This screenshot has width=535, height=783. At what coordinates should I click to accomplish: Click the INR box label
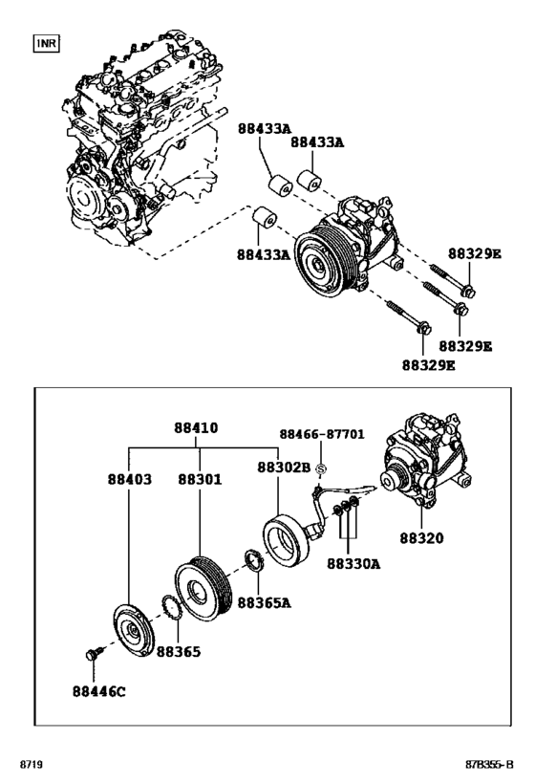pos(47,44)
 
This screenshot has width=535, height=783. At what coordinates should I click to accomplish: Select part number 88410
pos(196,428)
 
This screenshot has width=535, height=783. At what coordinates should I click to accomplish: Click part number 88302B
pos(284,468)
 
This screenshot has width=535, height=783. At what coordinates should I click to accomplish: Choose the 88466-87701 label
pos(321,433)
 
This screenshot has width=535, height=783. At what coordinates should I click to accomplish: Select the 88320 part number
pos(421,537)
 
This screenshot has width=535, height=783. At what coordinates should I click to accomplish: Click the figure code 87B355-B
pos(486,765)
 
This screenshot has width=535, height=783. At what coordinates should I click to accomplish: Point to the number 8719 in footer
pos(32,765)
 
